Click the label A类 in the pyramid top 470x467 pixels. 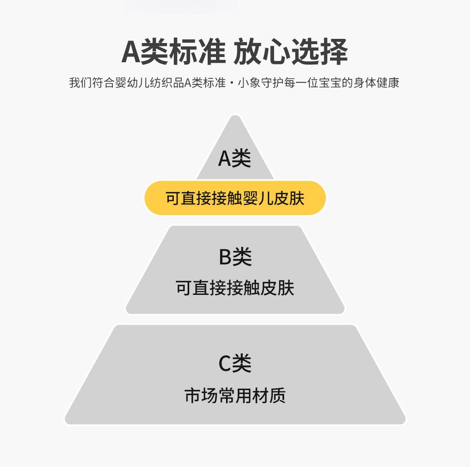[x=234, y=159]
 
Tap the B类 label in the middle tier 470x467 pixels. [x=235, y=257]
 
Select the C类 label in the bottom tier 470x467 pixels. [x=235, y=363]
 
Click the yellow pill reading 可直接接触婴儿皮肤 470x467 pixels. [x=235, y=198]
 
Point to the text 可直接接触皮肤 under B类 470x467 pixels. [x=235, y=288]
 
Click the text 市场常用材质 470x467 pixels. [x=235, y=396]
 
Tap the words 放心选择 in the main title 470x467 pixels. [x=291, y=52]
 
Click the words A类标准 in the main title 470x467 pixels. [x=173, y=52]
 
